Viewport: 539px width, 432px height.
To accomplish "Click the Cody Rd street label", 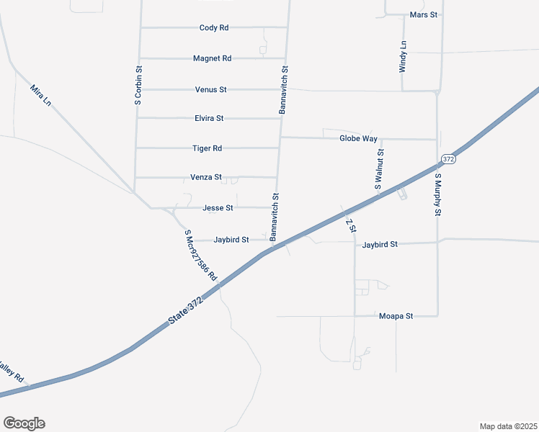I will pos(214,27).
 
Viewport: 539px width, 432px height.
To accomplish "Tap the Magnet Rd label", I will pos(213,58).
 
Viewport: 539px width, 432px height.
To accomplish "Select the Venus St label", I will pos(211,89).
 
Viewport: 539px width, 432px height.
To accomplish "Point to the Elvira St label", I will pos(209,118).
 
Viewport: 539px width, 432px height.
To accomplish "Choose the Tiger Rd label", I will pos(207,148).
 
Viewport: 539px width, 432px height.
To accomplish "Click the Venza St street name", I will pos(205,177).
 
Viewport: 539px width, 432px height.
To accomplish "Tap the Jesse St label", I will pos(218,208).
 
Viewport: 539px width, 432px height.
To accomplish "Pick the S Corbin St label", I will pos(138,86).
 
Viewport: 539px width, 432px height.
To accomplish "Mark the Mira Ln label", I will pos(40,96).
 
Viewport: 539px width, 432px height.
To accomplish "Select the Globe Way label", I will pos(358,138).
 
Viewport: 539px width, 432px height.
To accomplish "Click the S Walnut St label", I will pos(380,169).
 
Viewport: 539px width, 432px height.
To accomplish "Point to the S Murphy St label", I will pos(437,194).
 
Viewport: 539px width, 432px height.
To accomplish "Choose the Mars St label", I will pos(424,14).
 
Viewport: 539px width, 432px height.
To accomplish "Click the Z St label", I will pos(351,225).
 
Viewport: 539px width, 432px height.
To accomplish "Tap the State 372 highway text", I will pos(186,310).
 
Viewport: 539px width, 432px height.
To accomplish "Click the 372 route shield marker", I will pos(448,158).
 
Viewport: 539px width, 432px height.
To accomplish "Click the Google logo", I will pos(24,423).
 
